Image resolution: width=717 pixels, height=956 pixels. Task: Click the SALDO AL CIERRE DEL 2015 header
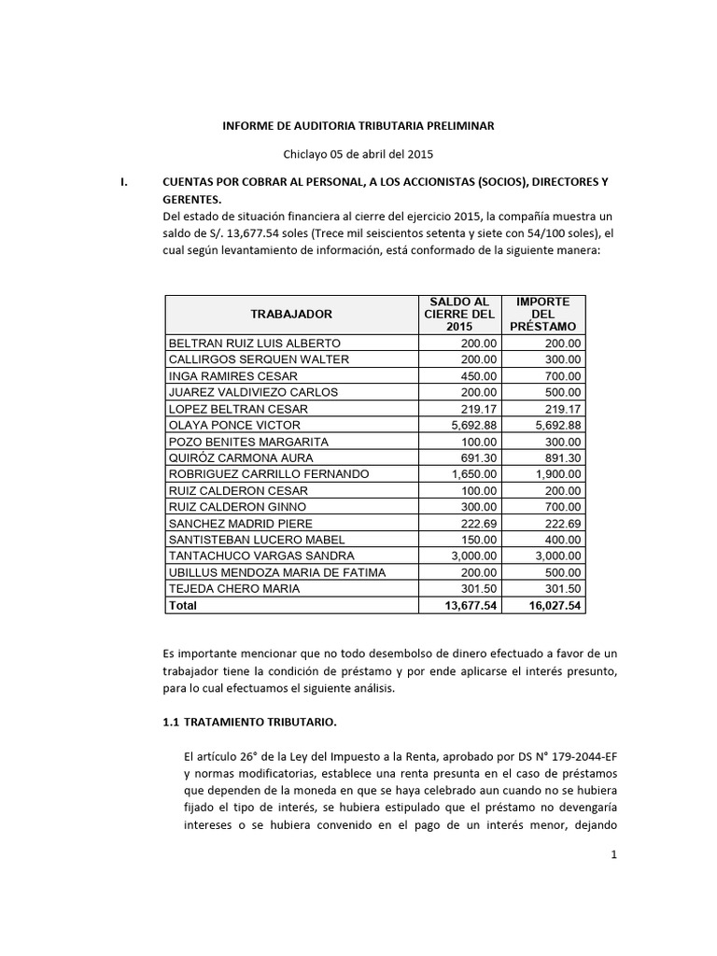(x=458, y=314)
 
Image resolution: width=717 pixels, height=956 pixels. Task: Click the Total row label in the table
(x=183, y=605)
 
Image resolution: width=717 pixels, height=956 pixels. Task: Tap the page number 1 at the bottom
(x=616, y=907)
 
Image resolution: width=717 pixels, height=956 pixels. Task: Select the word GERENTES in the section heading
(x=192, y=199)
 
